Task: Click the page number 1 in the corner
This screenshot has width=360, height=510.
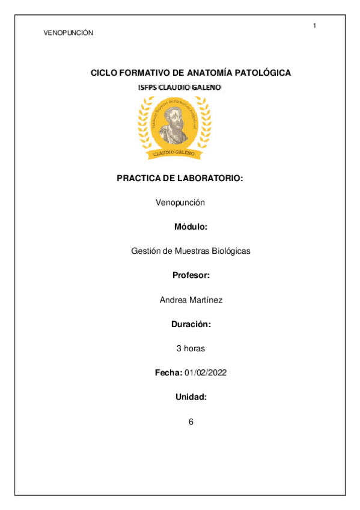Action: [314, 25]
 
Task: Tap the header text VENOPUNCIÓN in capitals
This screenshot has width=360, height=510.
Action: [69, 33]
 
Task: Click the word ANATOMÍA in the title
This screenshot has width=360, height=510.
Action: [209, 73]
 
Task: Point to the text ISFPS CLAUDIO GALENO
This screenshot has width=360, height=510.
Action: [180, 88]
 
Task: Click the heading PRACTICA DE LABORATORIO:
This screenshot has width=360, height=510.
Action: [180, 179]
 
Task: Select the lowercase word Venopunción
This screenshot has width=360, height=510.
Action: [180, 203]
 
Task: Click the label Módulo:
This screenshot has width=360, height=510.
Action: [191, 227]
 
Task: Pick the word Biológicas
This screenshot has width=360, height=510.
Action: [228, 251]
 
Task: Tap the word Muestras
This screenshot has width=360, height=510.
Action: [189, 251]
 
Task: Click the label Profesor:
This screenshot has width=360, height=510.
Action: [191, 275]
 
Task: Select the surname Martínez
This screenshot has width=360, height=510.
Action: [205, 300]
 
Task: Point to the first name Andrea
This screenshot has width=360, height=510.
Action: [172, 300]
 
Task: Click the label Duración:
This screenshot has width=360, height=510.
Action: [191, 324]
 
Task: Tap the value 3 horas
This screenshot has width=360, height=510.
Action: [191, 349]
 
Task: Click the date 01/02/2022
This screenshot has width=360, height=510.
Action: [206, 373]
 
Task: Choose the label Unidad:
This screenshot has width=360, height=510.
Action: [191, 397]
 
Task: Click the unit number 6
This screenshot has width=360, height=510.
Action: [191, 422]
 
